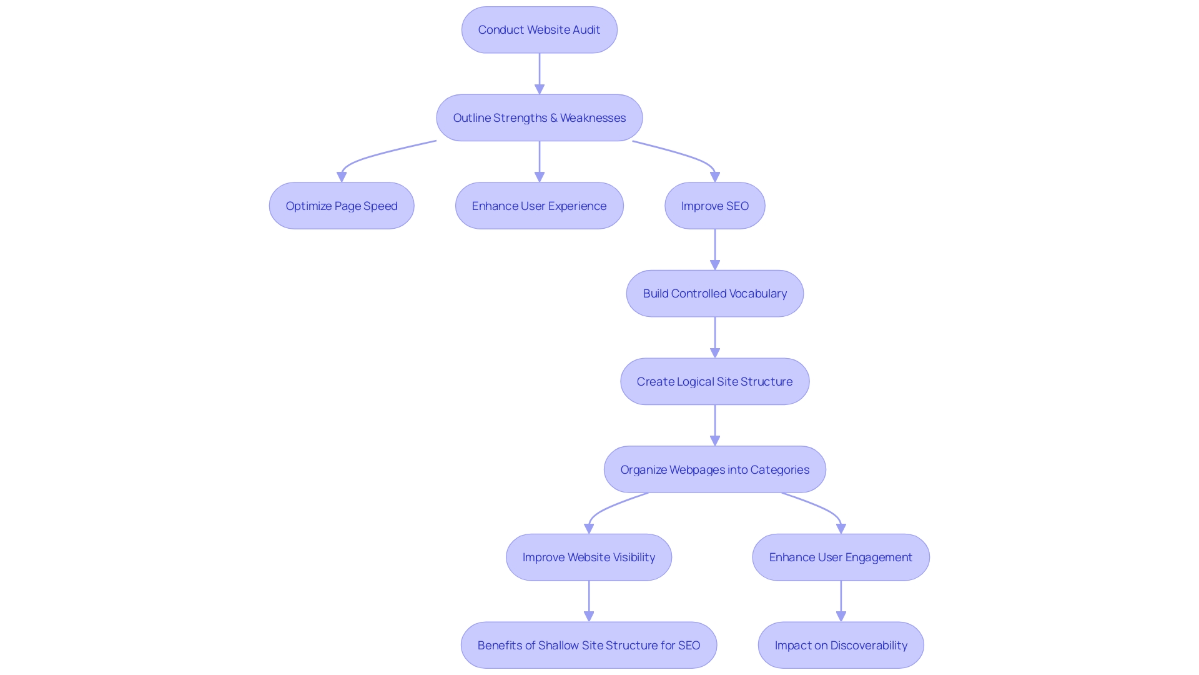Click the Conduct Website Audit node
[x=539, y=30]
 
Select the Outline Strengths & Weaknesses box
[x=539, y=118]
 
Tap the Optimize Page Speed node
[x=342, y=206]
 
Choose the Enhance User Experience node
[x=539, y=206]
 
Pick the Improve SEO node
[x=714, y=206]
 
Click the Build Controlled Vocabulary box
[x=714, y=294]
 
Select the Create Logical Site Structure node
[x=714, y=382]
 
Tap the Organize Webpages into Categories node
[x=714, y=470]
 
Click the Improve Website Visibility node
[x=588, y=557]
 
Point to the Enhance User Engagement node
[x=841, y=557]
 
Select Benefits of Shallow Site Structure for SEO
[x=588, y=646]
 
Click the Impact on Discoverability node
[x=841, y=646]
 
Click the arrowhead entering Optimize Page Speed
[x=342, y=177]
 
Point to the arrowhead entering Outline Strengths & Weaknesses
[x=540, y=89]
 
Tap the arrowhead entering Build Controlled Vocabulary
[x=715, y=266]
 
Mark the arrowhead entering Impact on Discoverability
[x=841, y=617]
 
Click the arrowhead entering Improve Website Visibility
[x=589, y=529]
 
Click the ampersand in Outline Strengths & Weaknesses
[x=553, y=118]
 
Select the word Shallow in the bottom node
[x=558, y=646]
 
